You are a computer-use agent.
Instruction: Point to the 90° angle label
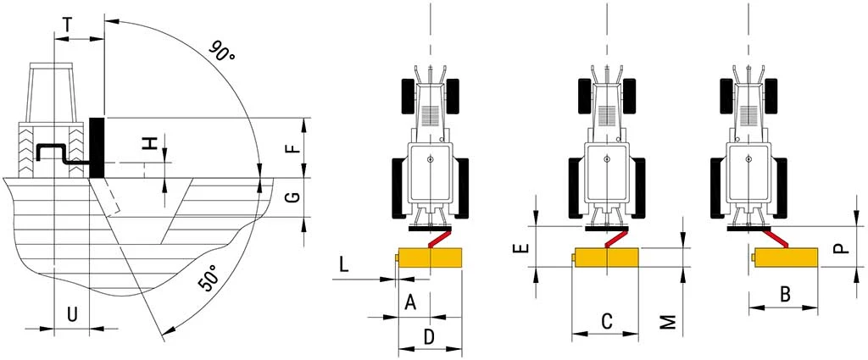[222, 52]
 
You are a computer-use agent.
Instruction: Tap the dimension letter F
[292, 147]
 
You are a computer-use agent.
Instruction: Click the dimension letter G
[292, 197]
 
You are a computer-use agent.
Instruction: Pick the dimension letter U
[73, 314]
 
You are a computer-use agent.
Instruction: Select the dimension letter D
[429, 336]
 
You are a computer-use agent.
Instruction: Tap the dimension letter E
[522, 248]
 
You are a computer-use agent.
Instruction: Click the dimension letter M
[669, 321]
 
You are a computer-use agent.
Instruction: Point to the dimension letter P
[838, 247]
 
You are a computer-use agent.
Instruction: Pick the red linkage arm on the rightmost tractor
[776, 237]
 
